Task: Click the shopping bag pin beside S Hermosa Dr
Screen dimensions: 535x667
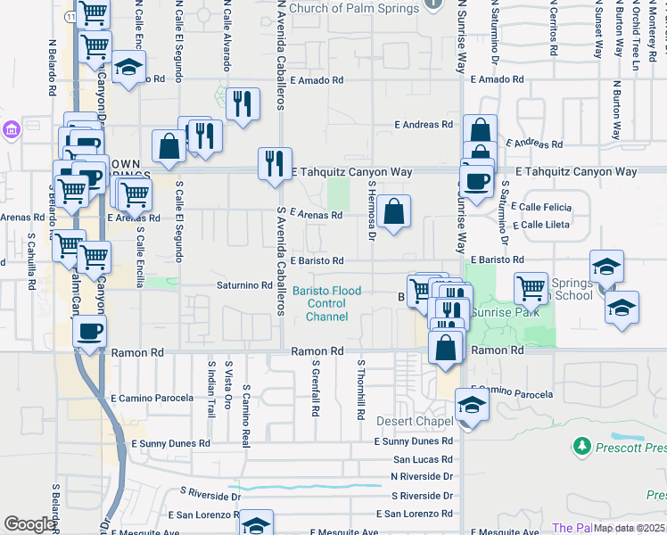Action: point(393,212)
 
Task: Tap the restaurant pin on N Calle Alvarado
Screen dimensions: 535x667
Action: point(243,104)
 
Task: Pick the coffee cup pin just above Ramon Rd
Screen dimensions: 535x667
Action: point(89,333)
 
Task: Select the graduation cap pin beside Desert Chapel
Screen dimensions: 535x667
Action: point(472,407)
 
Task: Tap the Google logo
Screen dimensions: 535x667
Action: point(29,524)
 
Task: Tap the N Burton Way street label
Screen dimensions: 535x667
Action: point(616,111)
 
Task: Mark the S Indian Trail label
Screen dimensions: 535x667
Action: point(211,389)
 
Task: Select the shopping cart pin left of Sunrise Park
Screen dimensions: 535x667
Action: point(531,288)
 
